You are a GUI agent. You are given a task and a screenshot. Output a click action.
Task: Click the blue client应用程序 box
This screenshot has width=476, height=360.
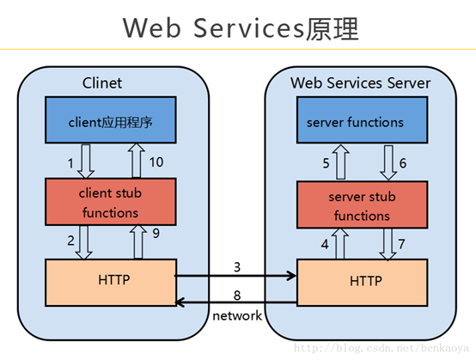click(x=110, y=122)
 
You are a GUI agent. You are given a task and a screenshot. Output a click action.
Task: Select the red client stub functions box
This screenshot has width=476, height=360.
click(x=110, y=202)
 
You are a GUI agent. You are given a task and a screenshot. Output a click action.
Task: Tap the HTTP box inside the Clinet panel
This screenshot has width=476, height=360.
click(x=110, y=281)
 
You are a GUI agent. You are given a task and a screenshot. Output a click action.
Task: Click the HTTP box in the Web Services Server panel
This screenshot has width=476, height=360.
click(x=361, y=281)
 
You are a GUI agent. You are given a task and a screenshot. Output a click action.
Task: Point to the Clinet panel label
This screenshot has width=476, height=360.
click(x=102, y=82)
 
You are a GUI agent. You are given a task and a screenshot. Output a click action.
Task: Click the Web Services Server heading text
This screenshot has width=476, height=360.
click(x=360, y=82)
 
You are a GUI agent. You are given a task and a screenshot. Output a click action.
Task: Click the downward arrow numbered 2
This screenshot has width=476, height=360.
click(x=84, y=242)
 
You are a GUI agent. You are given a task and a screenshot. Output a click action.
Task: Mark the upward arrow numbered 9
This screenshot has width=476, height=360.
click(x=137, y=242)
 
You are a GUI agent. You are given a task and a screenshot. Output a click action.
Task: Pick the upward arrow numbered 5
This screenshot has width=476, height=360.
click(x=340, y=163)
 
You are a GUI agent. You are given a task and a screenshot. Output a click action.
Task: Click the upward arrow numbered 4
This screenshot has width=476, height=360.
click(x=340, y=244)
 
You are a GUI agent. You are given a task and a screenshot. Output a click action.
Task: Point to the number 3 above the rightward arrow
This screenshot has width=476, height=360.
click(x=237, y=267)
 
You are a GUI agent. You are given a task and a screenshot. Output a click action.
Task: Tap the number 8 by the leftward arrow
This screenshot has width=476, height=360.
click(x=237, y=296)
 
